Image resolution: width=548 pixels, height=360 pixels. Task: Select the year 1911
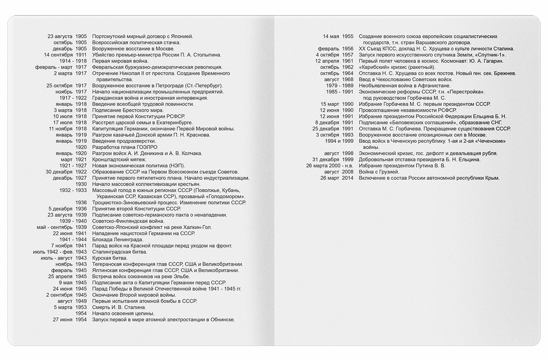tap(81, 55)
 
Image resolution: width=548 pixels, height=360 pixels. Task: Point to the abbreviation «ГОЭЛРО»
tap(147, 147)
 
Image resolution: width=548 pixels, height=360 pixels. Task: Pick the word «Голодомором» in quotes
tap(227, 197)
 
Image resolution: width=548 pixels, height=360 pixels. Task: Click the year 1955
tap(348, 37)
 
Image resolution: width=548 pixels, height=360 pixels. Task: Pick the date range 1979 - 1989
tap(338, 86)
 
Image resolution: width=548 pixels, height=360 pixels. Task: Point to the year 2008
tap(348, 172)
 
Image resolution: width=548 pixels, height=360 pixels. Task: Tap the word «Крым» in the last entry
tap(493, 178)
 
